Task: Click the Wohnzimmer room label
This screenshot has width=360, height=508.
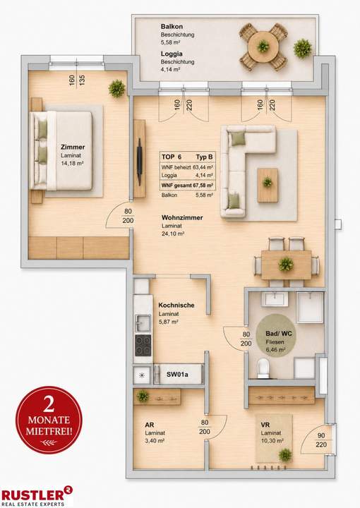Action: pyautogui.click(x=182, y=217)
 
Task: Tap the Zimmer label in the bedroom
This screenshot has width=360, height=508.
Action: pyautogui.click(x=73, y=147)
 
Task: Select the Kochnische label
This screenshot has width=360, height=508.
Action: pyautogui.click(x=176, y=306)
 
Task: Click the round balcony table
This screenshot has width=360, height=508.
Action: pyautogui.click(x=263, y=47)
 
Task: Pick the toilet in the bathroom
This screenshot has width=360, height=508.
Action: pyautogui.click(x=263, y=368)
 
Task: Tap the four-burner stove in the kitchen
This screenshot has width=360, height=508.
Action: pyautogui.click(x=143, y=345)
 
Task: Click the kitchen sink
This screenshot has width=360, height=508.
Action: pyautogui.click(x=143, y=323)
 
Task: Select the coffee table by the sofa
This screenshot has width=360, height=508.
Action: pyautogui.click(x=268, y=185)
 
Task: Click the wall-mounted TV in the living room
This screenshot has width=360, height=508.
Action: pyautogui.click(x=139, y=162)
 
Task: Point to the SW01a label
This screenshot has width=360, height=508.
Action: pyautogui.click(x=177, y=375)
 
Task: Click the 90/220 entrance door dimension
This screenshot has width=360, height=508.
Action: pyautogui.click(x=321, y=440)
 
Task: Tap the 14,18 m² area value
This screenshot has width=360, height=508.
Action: pyautogui.click(x=72, y=163)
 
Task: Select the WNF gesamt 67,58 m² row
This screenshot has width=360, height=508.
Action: pyautogui.click(x=187, y=186)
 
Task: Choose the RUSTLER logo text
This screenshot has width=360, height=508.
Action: pyautogui.click(x=32, y=495)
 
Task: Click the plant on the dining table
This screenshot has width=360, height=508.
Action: pyautogui.click(x=286, y=264)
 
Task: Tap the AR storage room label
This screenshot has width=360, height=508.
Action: pyautogui.click(x=150, y=425)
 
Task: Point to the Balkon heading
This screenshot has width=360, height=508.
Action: pyautogui.click(x=172, y=27)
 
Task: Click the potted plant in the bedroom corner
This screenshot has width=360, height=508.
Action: pyautogui.click(x=116, y=88)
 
